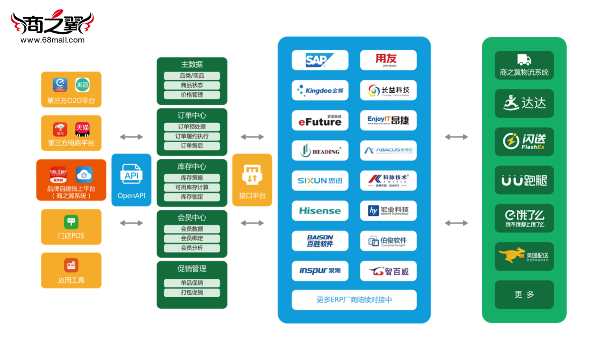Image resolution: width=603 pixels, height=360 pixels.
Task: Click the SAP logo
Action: click(320, 60)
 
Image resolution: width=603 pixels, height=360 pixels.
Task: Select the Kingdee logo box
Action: click(320, 90)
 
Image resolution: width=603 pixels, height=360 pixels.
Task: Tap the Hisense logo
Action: click(320, 211)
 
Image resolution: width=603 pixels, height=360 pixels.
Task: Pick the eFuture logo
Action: click(320, 120)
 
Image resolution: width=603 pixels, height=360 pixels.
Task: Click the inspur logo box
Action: click(320, 271)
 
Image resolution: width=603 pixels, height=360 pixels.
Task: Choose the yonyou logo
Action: click(388, 60)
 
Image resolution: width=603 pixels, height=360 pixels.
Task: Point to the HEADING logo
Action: click(320, 151)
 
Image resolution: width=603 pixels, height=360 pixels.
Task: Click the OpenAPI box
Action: click(131, 180)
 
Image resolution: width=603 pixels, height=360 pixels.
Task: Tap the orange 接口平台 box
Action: click(252, 180)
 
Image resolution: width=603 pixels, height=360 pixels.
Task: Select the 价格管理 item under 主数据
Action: click(192, 95)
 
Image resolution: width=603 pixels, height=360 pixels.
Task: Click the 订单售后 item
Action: click(192, 146)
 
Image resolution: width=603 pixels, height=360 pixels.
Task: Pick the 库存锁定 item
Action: click(192, 197)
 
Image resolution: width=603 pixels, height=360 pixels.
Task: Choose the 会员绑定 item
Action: click(192, 238)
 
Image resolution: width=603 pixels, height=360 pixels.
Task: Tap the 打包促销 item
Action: click(192, 292)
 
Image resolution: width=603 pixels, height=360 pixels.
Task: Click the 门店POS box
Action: click(71, 227)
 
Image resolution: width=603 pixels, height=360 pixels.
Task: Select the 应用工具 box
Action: click(71, 271)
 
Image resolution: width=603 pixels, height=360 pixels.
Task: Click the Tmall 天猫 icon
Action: click(82, 129)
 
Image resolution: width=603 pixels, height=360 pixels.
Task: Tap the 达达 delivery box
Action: click(524, 103)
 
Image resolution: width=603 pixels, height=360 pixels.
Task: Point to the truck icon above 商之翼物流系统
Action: click(524, 60)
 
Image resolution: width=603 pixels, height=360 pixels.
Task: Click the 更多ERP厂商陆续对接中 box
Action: click(354, 300)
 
